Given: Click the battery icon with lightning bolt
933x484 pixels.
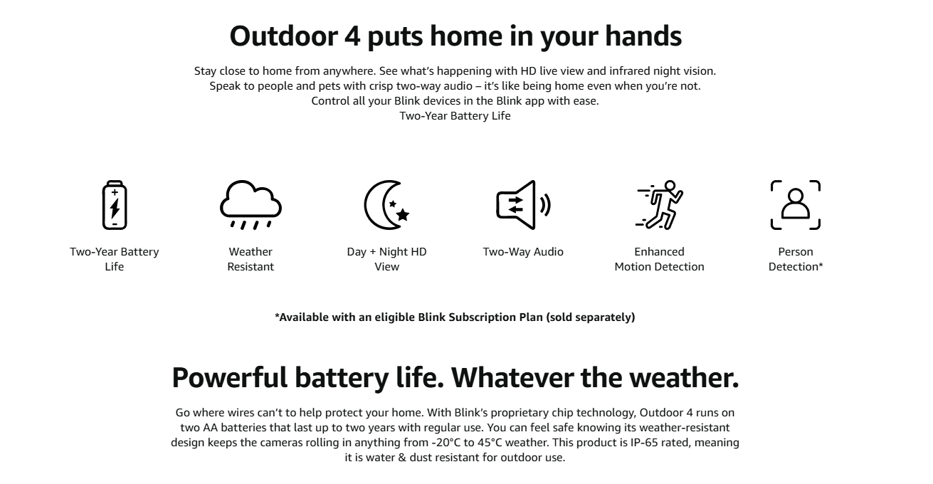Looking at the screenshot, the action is coord(115,205).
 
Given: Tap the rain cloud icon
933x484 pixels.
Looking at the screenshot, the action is coord(251,205).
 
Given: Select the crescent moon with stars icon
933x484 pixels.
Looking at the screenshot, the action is coord(387,205).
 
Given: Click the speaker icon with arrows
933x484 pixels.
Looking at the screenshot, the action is coord(523,205).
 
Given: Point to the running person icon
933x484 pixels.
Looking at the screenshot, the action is coord(659,205).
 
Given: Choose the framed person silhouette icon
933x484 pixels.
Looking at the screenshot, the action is coord(796,205).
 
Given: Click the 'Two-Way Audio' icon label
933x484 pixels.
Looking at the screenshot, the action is coord(523,251).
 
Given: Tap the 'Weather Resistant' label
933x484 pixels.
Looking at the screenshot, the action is coord(251,259).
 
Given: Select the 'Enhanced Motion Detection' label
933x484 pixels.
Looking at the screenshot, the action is coord(659,259).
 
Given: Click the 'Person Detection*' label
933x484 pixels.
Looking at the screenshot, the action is coord(796,259).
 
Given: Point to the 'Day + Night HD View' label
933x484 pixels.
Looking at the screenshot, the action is coord(387,259).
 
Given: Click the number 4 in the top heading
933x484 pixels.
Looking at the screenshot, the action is coord(352,36).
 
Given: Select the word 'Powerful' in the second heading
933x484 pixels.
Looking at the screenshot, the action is coord(230,377).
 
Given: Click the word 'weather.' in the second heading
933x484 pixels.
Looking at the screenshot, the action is coord(684,377).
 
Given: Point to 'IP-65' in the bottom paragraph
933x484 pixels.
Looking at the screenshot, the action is coord(644,442).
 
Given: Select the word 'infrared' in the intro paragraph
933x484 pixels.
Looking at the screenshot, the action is coord(629,70).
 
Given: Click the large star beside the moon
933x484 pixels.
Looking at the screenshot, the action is coord(403,214).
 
